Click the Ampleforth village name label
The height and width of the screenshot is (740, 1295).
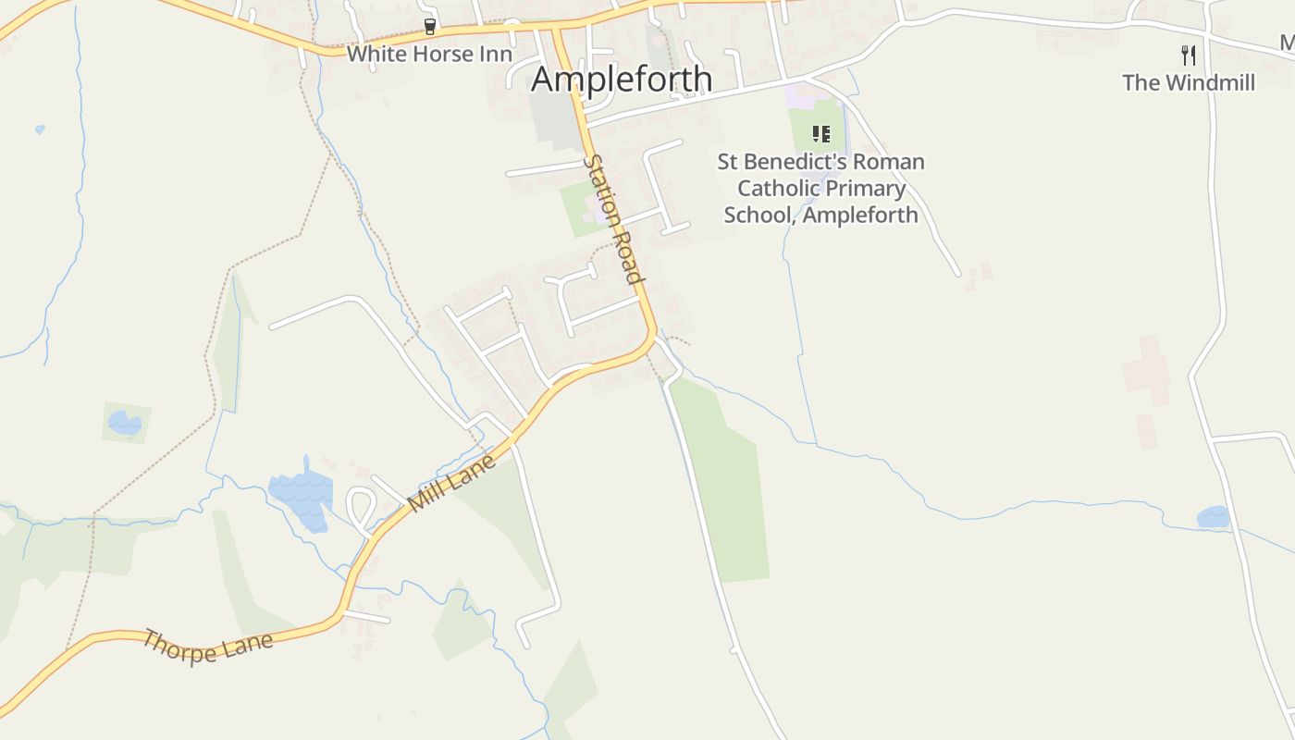point(622,80)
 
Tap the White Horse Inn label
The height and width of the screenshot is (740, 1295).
point(429,54)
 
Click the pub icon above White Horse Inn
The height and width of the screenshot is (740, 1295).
point(429,27)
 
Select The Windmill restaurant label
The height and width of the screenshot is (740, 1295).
point(1189,82)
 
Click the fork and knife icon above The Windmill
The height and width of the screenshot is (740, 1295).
point(1189,55)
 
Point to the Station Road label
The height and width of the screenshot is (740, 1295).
point(612,219)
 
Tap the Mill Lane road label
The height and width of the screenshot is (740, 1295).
point(452,483)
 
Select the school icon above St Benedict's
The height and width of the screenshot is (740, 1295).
point(820,134)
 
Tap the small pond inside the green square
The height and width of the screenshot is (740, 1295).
point(125,424)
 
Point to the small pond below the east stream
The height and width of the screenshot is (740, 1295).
point(1214,517)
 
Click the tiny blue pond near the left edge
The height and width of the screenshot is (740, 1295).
point(40,129)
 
